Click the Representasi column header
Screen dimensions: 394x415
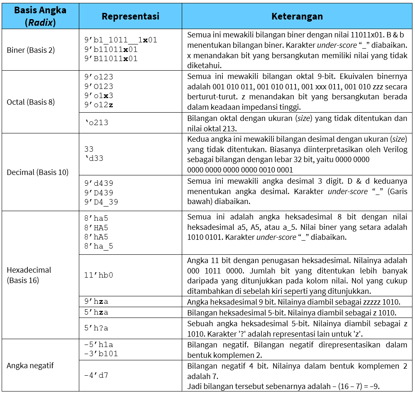pos(130,17)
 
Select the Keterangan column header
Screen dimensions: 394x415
pos(297,17)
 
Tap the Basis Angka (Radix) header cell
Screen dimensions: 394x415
pos(40,17)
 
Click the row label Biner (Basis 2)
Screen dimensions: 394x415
pos(31,50)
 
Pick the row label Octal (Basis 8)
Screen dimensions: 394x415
pos(31,102)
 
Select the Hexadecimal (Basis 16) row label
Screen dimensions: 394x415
pos(29,275)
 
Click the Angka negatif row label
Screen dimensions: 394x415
pos(30,366)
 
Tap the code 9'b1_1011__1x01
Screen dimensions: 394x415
pos(120,40)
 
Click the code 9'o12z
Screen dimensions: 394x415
pos(98,105)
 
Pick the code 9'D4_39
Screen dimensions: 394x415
pos(101,202)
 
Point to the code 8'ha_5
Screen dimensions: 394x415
pos(98,246)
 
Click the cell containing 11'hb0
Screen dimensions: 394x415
pos(98,275)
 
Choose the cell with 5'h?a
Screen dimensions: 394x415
pos(96,328)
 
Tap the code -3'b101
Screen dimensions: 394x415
pos(101,354)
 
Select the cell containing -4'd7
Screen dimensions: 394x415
pos(96,375)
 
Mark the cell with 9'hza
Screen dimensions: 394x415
pos(96,302)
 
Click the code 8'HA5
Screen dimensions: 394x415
pos(96,227)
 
